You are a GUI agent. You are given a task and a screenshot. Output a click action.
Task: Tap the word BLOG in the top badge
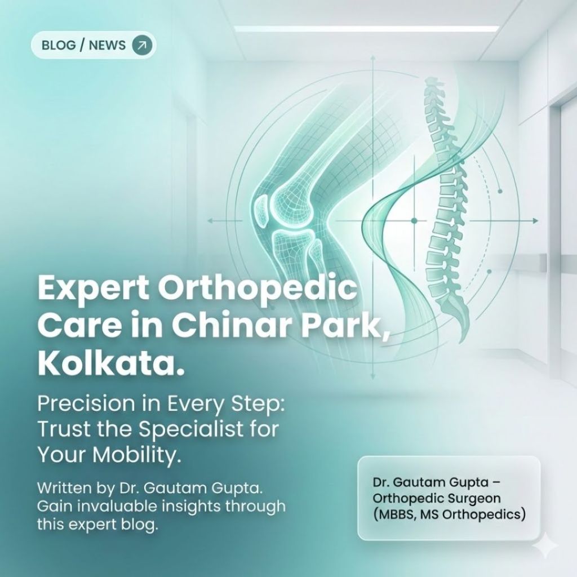(x=59, y=45)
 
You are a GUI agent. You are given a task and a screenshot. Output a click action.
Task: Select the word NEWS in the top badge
(x=107, y=45)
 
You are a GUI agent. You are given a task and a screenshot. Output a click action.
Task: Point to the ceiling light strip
(x=366, y=28)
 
